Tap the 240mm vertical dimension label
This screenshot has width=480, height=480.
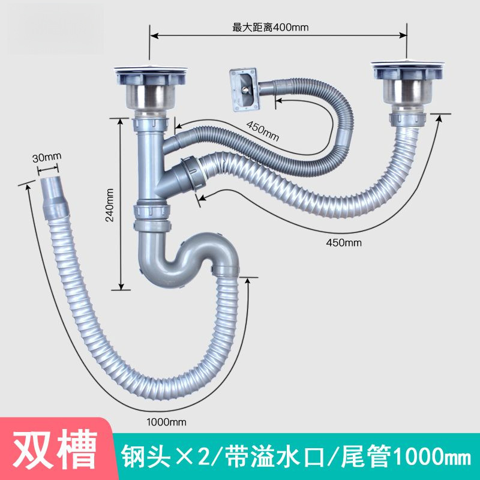coord(110,206)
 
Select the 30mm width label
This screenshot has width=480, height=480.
coord(47,157)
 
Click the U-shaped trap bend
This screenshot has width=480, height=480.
coord(180,258)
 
